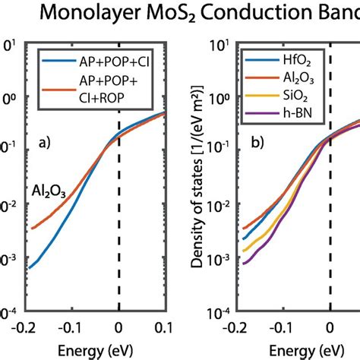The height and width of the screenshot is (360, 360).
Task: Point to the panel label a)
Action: pos(46,139)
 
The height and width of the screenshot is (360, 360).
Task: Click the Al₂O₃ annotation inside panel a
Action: pos(49,192)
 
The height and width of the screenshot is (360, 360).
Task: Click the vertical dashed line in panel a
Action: pos(118,228)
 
